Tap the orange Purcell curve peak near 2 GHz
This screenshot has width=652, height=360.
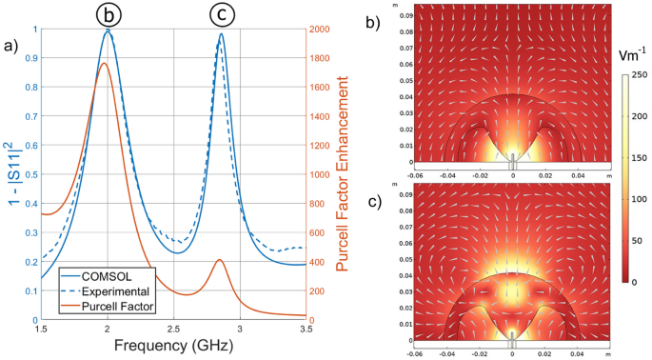point(104,63)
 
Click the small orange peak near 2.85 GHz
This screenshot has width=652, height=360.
point(220,259)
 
